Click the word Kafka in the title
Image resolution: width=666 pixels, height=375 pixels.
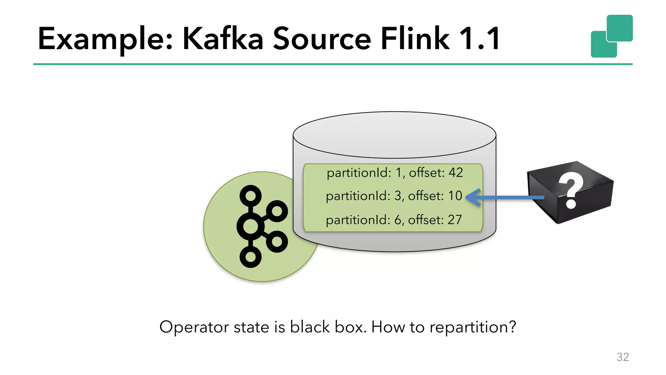tap(223, 39)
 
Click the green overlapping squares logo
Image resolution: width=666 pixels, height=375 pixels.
tap(611, 36)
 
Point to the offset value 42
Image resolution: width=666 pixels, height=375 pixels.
tap(456, 173)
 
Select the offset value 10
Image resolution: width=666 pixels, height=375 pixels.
tap(455, 196)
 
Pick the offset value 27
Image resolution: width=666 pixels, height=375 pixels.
tap(455, 220)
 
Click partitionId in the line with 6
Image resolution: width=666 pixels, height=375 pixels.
tap(358, 220)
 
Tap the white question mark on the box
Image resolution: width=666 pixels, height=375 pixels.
tap(571, 191)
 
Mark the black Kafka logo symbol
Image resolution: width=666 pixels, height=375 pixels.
tap(260, 226)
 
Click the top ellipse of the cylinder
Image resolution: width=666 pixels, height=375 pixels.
tap(394, 135)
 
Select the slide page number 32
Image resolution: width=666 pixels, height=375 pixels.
tap(622, 357)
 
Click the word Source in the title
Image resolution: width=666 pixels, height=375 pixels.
tap(322, 39)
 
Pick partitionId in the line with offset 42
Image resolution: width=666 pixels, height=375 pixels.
tap(359, 173)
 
